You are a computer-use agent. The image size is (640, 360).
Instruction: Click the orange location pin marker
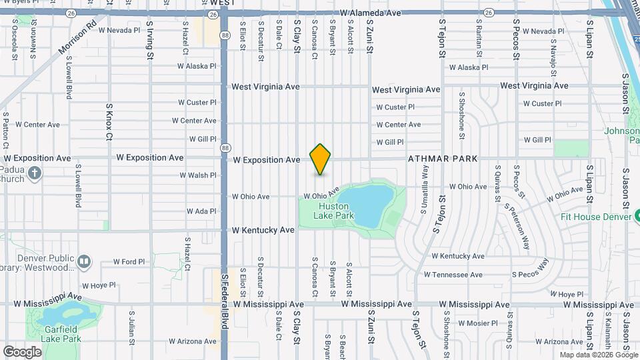[x=321, y=159]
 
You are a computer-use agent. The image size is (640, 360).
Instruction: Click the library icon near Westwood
[x=84, y=261]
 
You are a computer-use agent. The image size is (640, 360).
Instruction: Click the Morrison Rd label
[x=77, y=39]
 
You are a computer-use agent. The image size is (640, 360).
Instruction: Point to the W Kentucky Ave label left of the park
[x=263, y=230]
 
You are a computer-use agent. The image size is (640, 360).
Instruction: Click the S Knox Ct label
[x=109, y=122]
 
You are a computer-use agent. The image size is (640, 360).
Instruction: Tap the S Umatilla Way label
[x=424, y=189]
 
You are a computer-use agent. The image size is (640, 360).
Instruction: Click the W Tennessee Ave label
[x=453, y=275]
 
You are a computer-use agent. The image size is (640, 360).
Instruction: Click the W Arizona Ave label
[x=193, y=341]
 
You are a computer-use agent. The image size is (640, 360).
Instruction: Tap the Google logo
[x=23, y=351]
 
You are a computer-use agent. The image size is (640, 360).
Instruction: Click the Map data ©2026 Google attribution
[x=598, y=355]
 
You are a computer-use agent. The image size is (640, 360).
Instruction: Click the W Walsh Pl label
[x=198, y=175]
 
